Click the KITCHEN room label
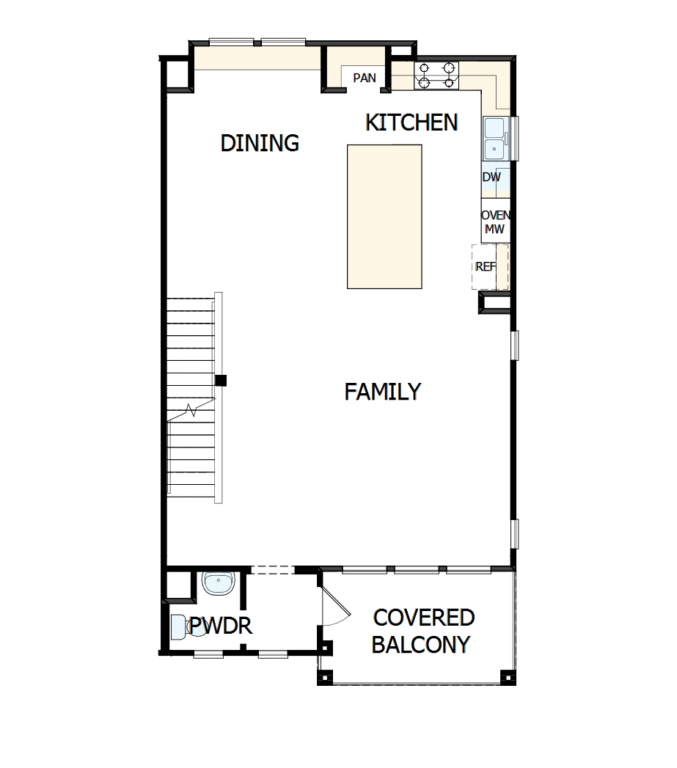pyautogui.click(x=411, y=122)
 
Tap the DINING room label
pyautogui.click(x=260, y=143)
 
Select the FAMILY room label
pyautogui.click(x=382, y=392)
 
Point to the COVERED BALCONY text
pyautogui.click(x=422, y=631)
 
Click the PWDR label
pyautogui.click(x=221, y=626)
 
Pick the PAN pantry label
pyautogui.click(x=365, y=78)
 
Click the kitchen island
pyautogui.click(x=384, y=216)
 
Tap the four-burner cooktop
pyautogui.click(x=436, y=76)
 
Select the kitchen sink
pyautogui.click(x=495, y=139)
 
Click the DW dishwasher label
pyautogui.click(x=491, y=178)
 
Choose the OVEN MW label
pyautogui.click(x=495, y=222)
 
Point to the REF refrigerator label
pyautogui.click(x=486, y=267)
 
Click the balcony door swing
pyautogui.click(x=334, y=605)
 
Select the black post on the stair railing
pyautogui.click(x=221, y=380)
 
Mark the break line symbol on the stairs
pyautogui.click(x=192, y=410)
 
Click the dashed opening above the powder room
pyautogui.click(x=272, y=570)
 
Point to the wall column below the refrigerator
pyautogui.click(x=493, y=303)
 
